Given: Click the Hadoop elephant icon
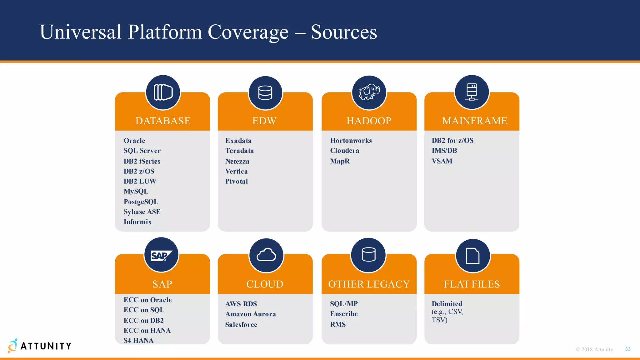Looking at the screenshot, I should click(369, 92).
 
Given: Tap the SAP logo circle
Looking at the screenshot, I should click(161, 255).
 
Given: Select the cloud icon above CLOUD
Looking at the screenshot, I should click(266, 255).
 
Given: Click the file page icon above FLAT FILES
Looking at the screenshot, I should click(472, 256).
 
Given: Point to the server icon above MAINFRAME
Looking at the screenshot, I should click(472, 92).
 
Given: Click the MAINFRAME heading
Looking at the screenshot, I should click(474, 121).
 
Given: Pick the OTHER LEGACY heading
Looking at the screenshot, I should click(369, 284).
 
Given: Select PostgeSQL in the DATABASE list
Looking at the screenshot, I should click(141, 202).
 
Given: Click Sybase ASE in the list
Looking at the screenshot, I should click(142, 212).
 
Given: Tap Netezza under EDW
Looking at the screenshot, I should click(237, 161).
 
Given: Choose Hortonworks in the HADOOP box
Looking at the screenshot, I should click(351, 141).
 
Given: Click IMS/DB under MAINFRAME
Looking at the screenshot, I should click(444, 151).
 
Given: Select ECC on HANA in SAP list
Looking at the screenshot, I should click(147, 330).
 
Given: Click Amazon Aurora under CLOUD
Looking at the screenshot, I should click(250, 314).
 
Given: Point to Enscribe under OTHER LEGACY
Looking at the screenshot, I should click(344, 314).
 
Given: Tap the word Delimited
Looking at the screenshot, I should click(447, 304).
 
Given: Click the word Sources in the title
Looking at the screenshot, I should click(344, 32).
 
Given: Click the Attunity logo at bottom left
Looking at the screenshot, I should click(40, 346).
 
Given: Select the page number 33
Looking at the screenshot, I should click(628, 349).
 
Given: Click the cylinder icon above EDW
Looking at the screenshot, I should click(265, 93).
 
